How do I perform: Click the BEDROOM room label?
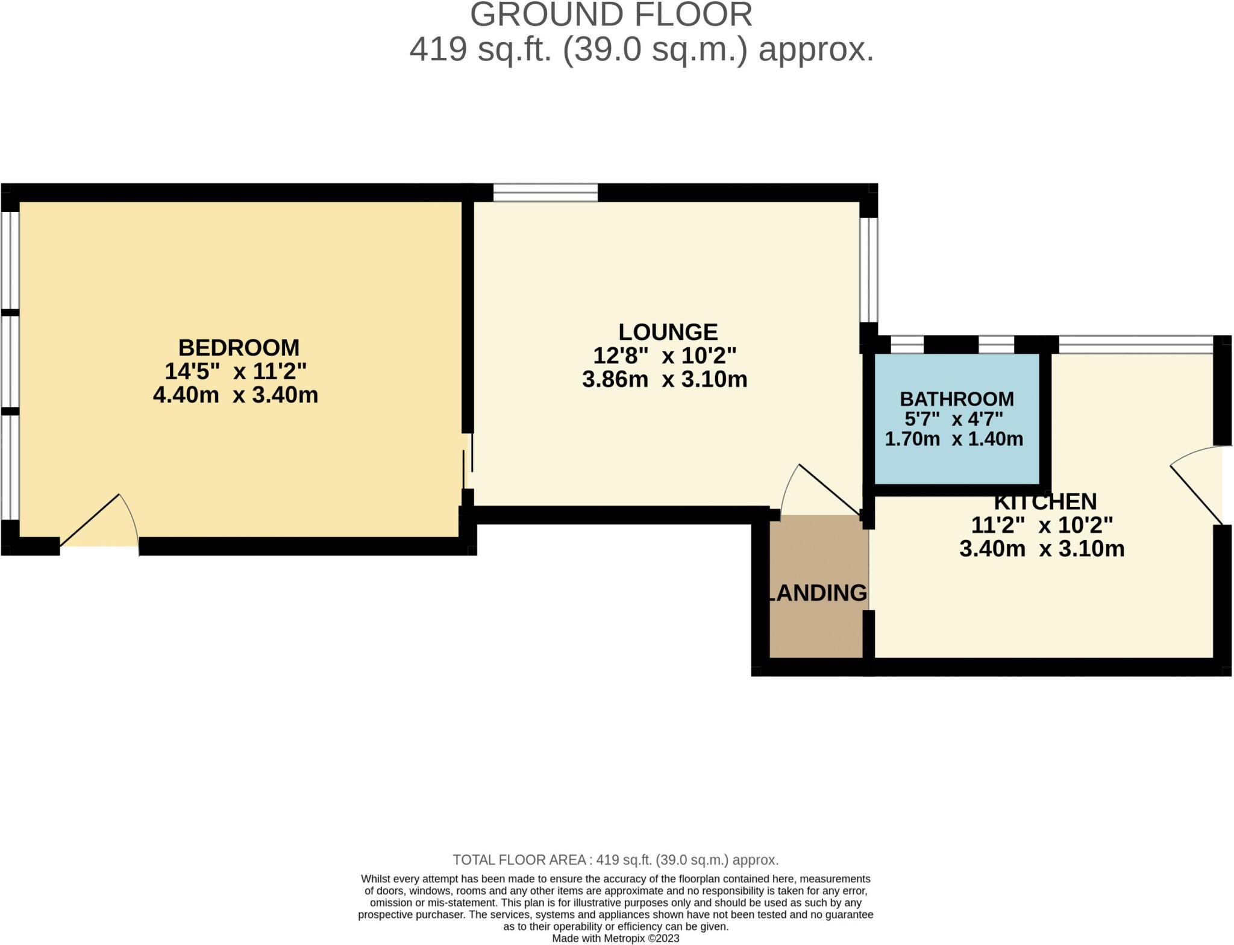click(239, 348)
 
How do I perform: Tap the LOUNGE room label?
click(668, 332)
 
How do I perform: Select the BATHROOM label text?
click(956, 399)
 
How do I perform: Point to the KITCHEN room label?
click(1045, 501)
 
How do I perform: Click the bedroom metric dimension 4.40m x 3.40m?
click(236, 395)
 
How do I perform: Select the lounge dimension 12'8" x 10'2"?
click(665, 356)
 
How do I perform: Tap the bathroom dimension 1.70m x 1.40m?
click(954, 439)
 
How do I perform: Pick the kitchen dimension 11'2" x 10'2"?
click(1042, 526)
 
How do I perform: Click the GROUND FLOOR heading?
click(611, 15)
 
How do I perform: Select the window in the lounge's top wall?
click(545, 193)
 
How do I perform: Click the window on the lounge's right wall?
click(868, 269)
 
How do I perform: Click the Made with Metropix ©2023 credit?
click(615, 938)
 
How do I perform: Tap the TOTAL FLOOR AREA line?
click(615, 860)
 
